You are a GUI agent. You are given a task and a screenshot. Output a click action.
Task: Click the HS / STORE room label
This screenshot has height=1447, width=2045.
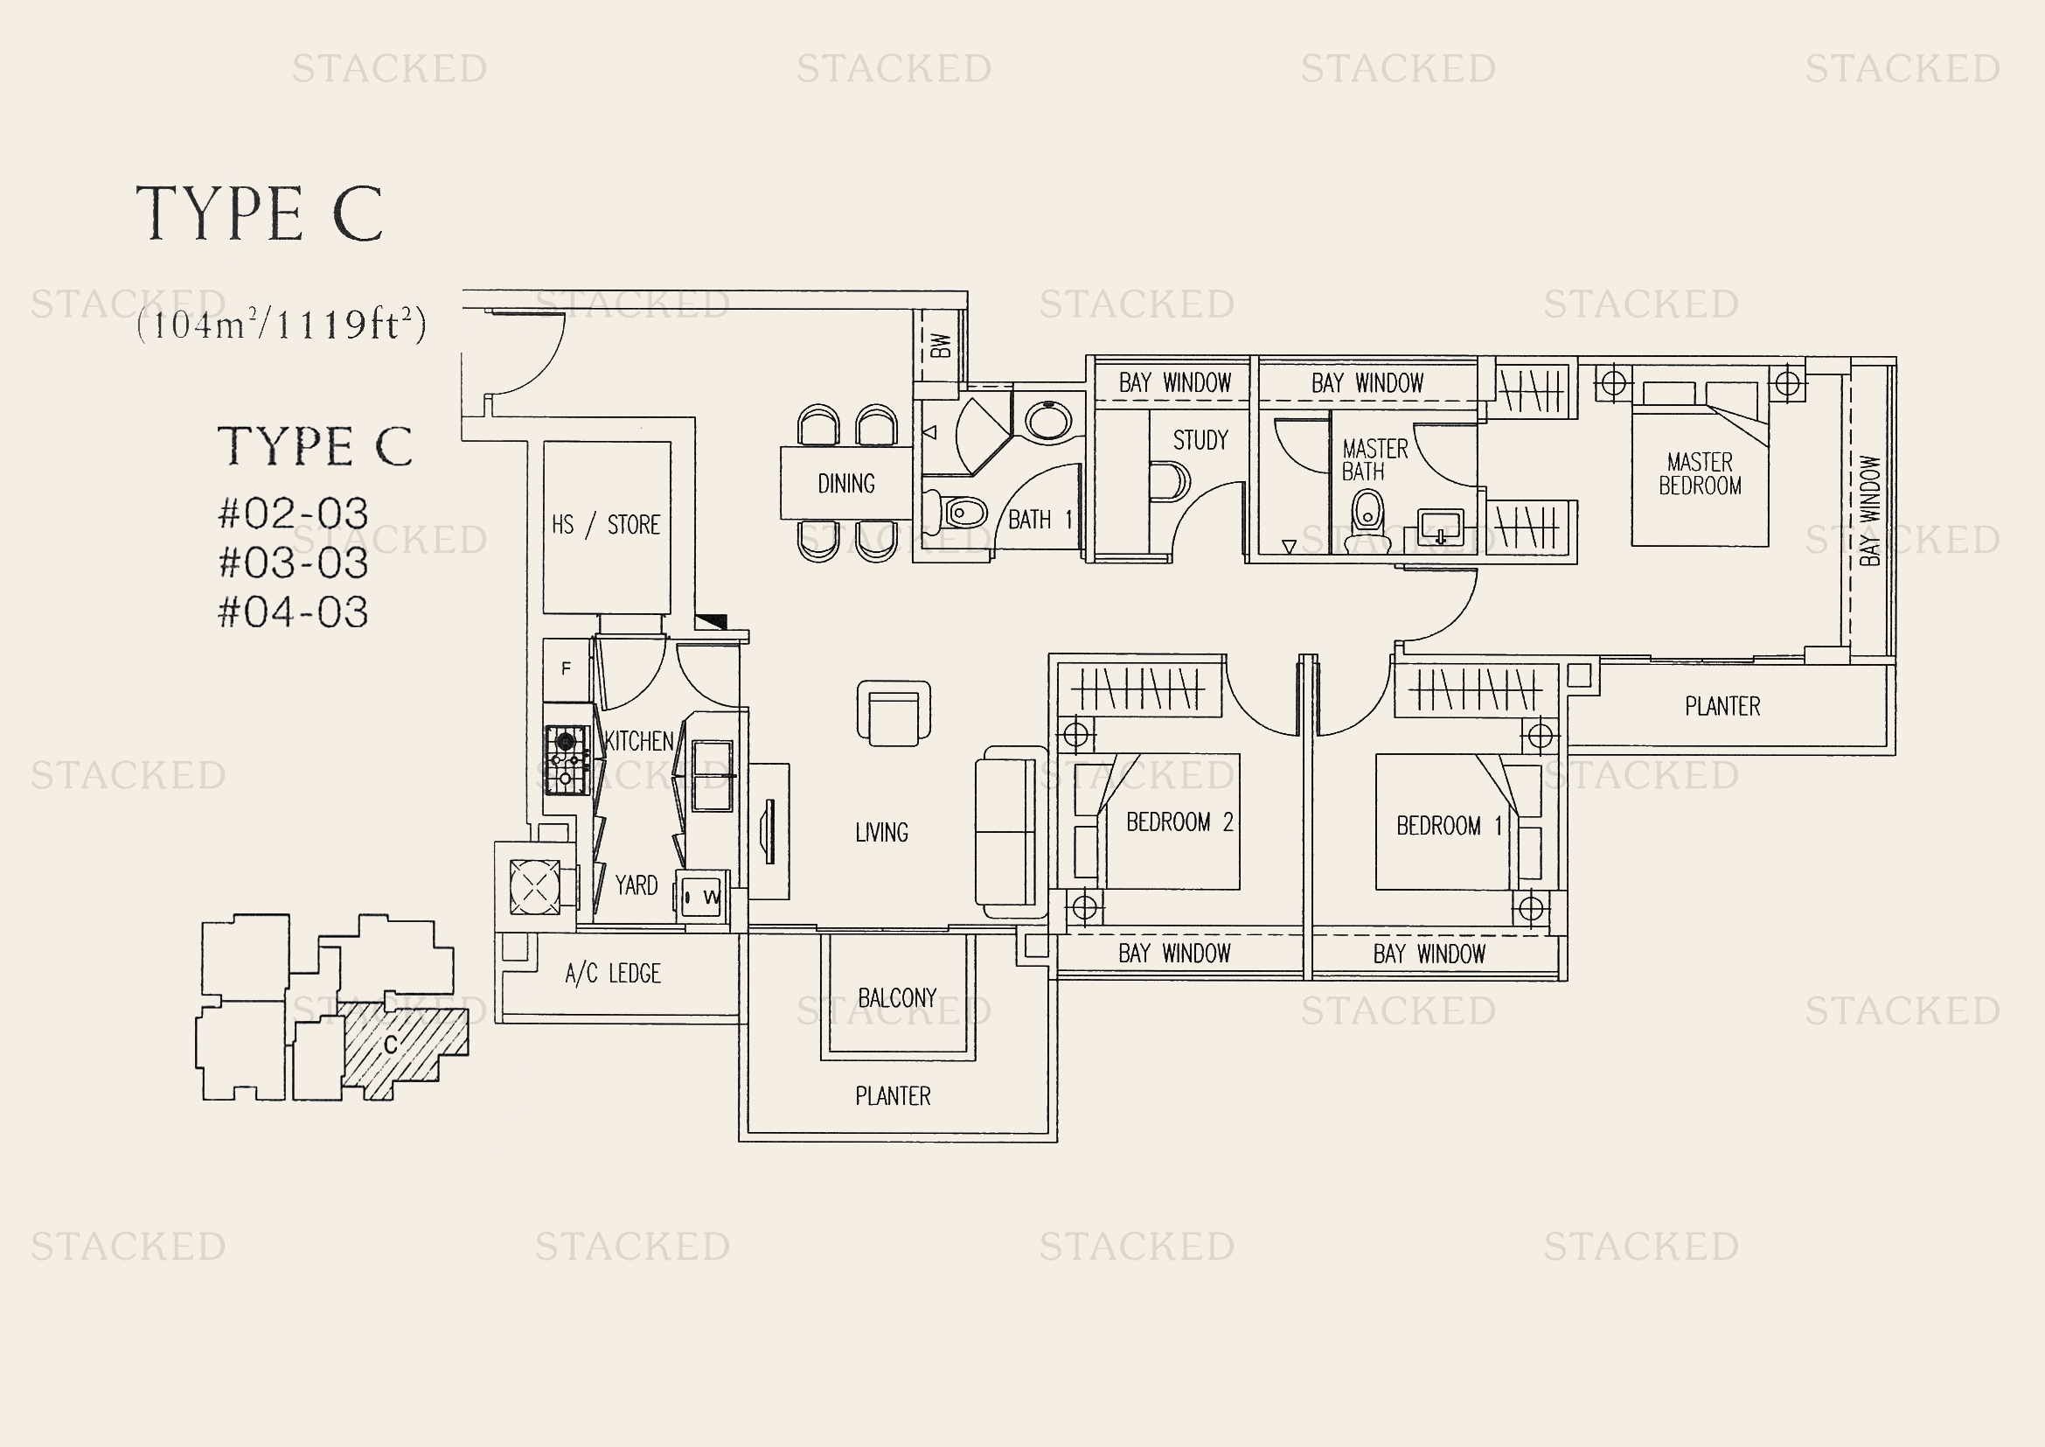606,525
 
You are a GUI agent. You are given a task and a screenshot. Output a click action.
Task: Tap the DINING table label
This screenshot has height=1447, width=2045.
846,484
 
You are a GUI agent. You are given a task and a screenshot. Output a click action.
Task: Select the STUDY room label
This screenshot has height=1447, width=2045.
1200,440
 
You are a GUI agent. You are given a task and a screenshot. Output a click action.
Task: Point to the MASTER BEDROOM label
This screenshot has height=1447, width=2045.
1700,474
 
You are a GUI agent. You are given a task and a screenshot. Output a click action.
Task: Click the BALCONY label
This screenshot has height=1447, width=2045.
897,998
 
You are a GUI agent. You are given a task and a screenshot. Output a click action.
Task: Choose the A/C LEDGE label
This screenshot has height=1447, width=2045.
613,974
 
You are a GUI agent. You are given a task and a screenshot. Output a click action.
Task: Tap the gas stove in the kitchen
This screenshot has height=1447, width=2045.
567,760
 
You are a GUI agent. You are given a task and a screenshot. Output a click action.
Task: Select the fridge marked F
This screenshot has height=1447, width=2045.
566,668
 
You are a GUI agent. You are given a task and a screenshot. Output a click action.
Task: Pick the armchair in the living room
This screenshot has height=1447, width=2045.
894,713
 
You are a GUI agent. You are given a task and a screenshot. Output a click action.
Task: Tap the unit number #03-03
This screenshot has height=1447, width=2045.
293,563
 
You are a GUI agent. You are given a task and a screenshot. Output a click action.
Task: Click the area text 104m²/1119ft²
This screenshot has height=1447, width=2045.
282,325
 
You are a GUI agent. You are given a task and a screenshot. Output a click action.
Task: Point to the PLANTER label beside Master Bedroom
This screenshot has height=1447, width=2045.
1722,707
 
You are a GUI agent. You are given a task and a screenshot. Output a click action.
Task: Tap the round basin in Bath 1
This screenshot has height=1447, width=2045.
1048,421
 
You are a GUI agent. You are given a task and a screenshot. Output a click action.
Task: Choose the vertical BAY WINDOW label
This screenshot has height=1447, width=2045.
1869,511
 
